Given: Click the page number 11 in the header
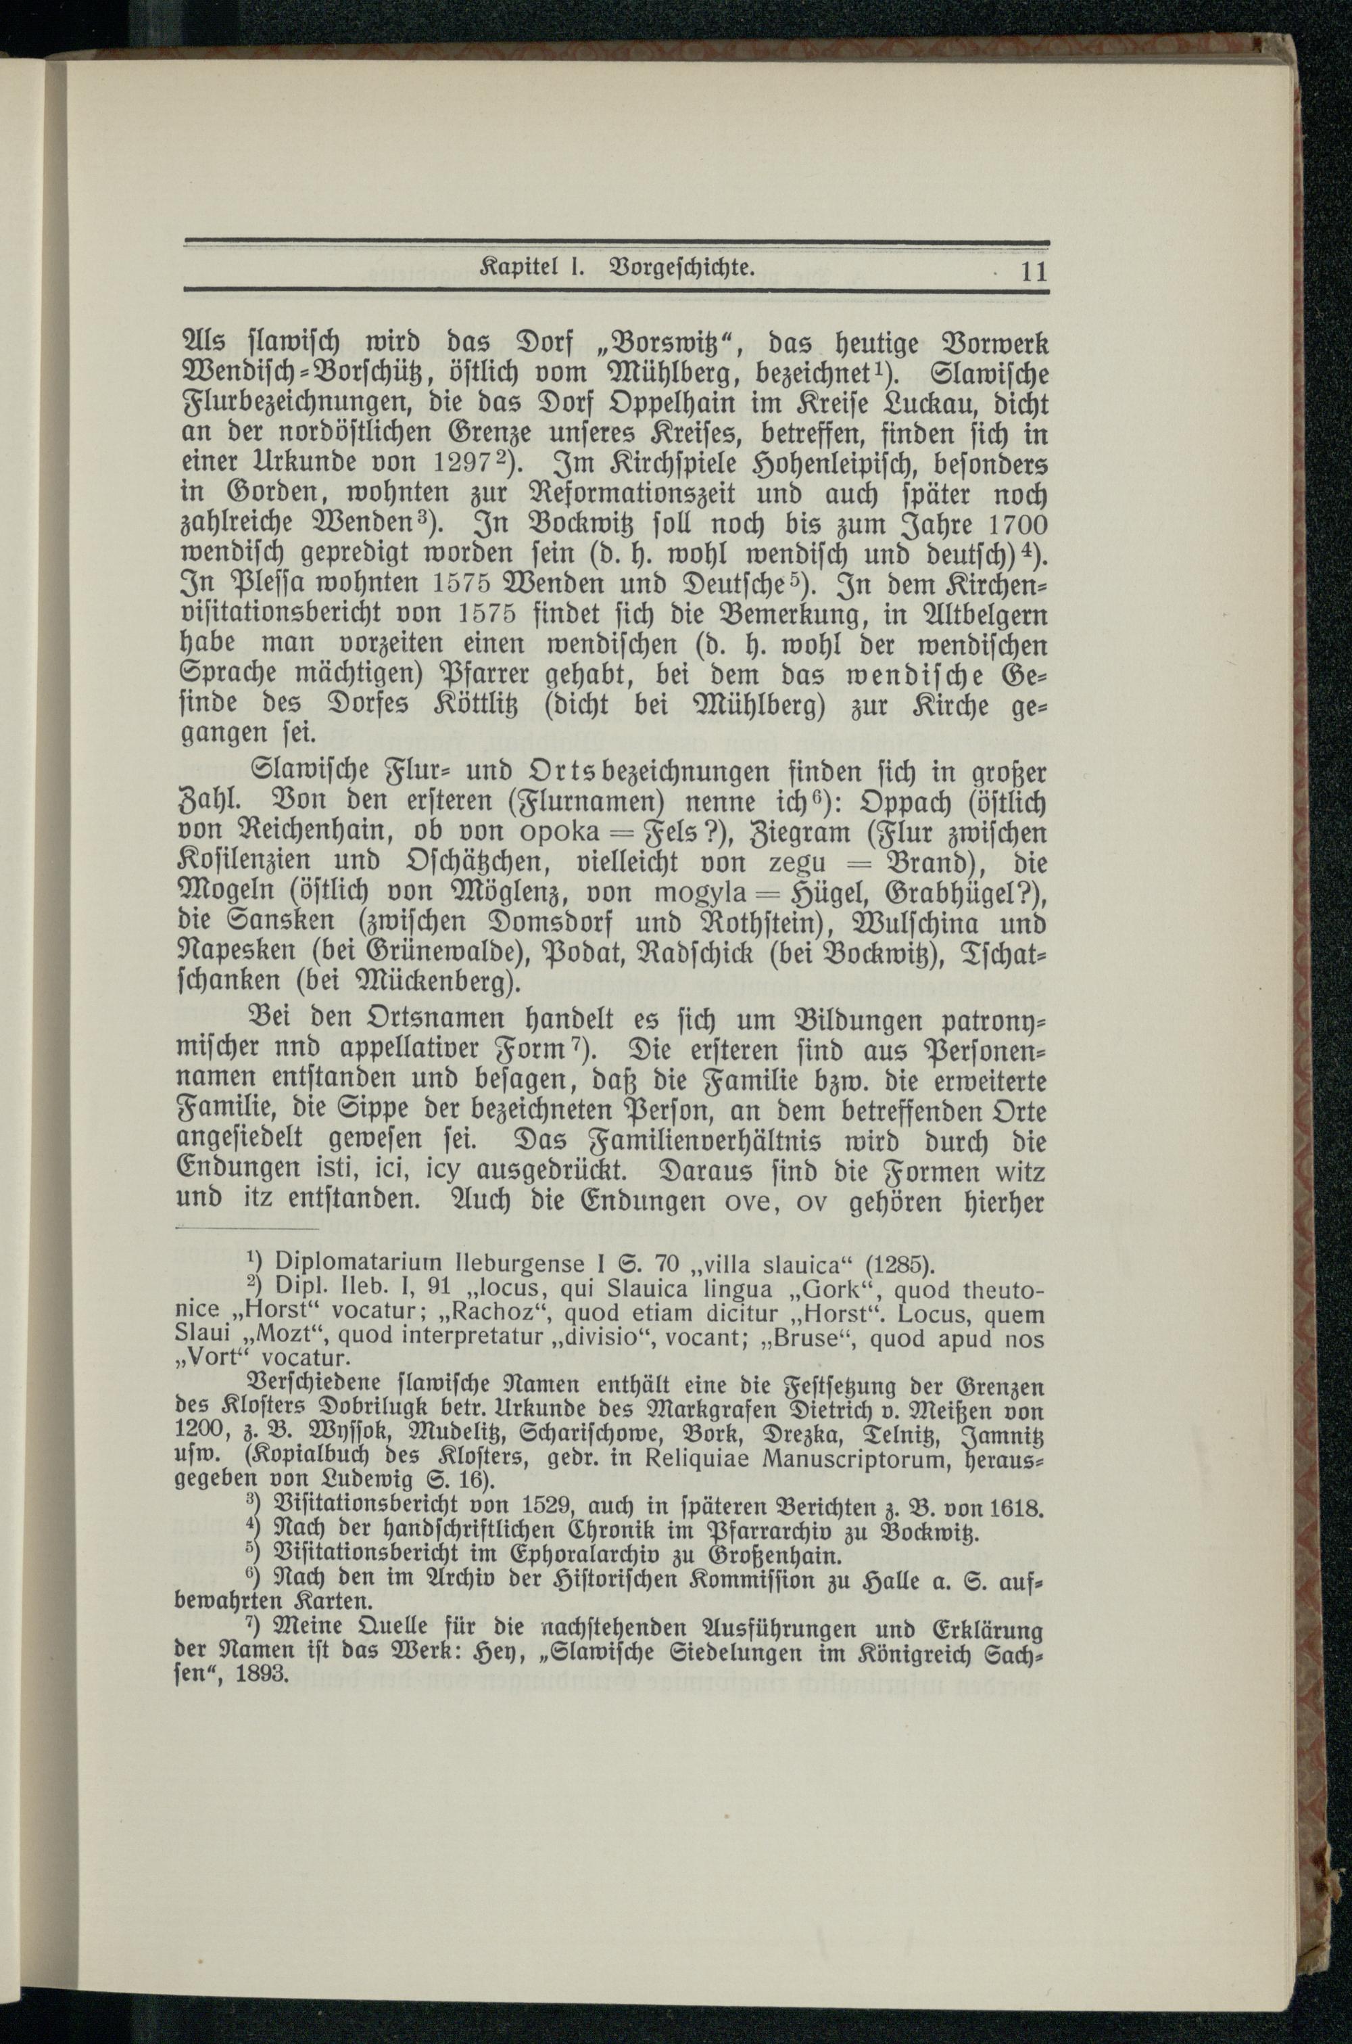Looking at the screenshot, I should (1033, 273).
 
